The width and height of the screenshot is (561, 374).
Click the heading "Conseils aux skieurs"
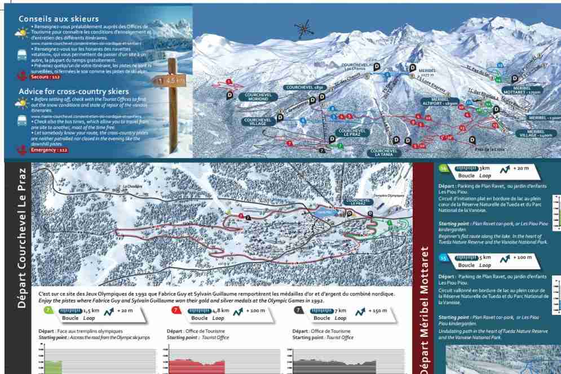tap(59, 19)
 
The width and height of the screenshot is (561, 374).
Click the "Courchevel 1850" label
tap(304, 88)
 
